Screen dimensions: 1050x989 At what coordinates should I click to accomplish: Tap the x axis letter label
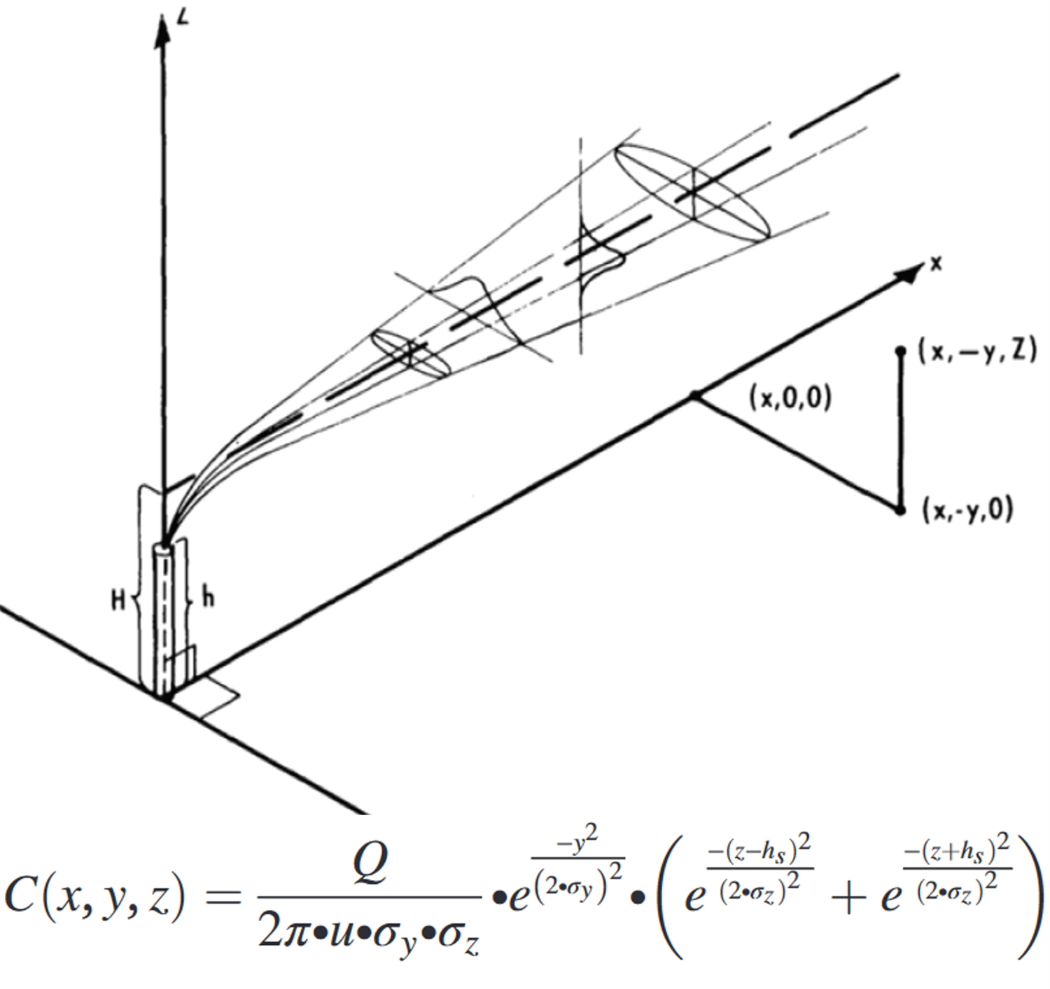coord(937,263)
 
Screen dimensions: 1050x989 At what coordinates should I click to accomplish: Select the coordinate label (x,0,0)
coord(790,398)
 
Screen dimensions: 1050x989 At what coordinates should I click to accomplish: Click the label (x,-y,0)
coord(967,512)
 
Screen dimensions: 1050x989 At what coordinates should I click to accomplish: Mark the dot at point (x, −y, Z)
coord(900,351)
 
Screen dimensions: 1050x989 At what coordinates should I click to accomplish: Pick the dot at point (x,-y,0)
coord(899,510)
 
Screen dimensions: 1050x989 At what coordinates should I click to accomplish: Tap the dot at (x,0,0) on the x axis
coord(694,395)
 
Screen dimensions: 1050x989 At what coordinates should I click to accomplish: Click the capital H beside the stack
coord(118,601)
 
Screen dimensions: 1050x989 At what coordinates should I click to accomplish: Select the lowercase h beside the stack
coord(209,598)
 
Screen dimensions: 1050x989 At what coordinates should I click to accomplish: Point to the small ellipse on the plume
coord(410,353)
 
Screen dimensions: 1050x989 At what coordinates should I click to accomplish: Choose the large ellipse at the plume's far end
coord(692,192)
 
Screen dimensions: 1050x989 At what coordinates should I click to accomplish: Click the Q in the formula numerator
coord(370,861)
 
